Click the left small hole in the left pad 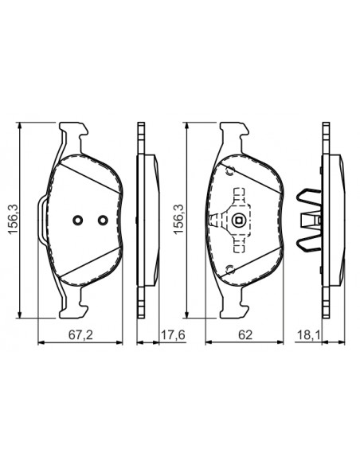tap(77, 221)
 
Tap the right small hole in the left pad tap(101, 221)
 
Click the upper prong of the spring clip tap(306, 196)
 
